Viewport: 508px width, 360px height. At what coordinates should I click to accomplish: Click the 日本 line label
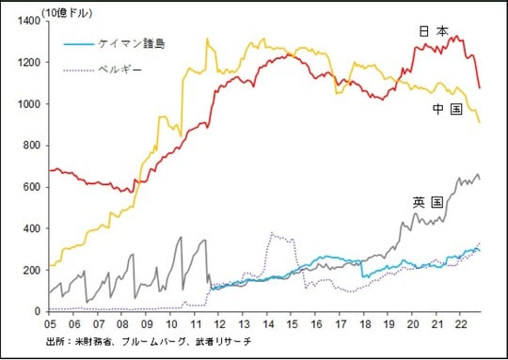[x=434, y=32]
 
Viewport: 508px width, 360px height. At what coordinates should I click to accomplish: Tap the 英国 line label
[x=427, y=202]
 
